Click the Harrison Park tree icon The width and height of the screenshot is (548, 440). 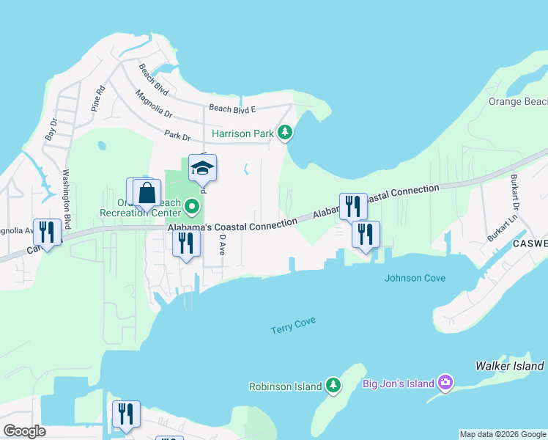click(x=285, y=133)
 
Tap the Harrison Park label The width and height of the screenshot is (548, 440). click(x=242, y=133)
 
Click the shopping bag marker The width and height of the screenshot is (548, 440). click(x=147, y=194)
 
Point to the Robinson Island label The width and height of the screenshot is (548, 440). click(x=286, y=386)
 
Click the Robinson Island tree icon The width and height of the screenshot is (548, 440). click(x=333, y=385)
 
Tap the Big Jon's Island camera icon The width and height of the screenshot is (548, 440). click(x=445, y=382)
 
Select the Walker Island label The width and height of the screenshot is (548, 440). click(x=509, y=365)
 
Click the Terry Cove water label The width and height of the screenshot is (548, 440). click(x=292, y=324)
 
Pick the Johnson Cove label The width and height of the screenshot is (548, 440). click(x=415, y=278)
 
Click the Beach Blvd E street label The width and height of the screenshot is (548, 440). click(x=232, y=109)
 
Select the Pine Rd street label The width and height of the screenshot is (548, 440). click(x=97, y=100)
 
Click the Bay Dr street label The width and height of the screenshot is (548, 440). click(x=51, y=132)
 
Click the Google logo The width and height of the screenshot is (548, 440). click(x=24, y=431)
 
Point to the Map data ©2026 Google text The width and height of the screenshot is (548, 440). click(x=503, y=434)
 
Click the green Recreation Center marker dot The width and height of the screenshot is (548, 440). click(x=192, y=205)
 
